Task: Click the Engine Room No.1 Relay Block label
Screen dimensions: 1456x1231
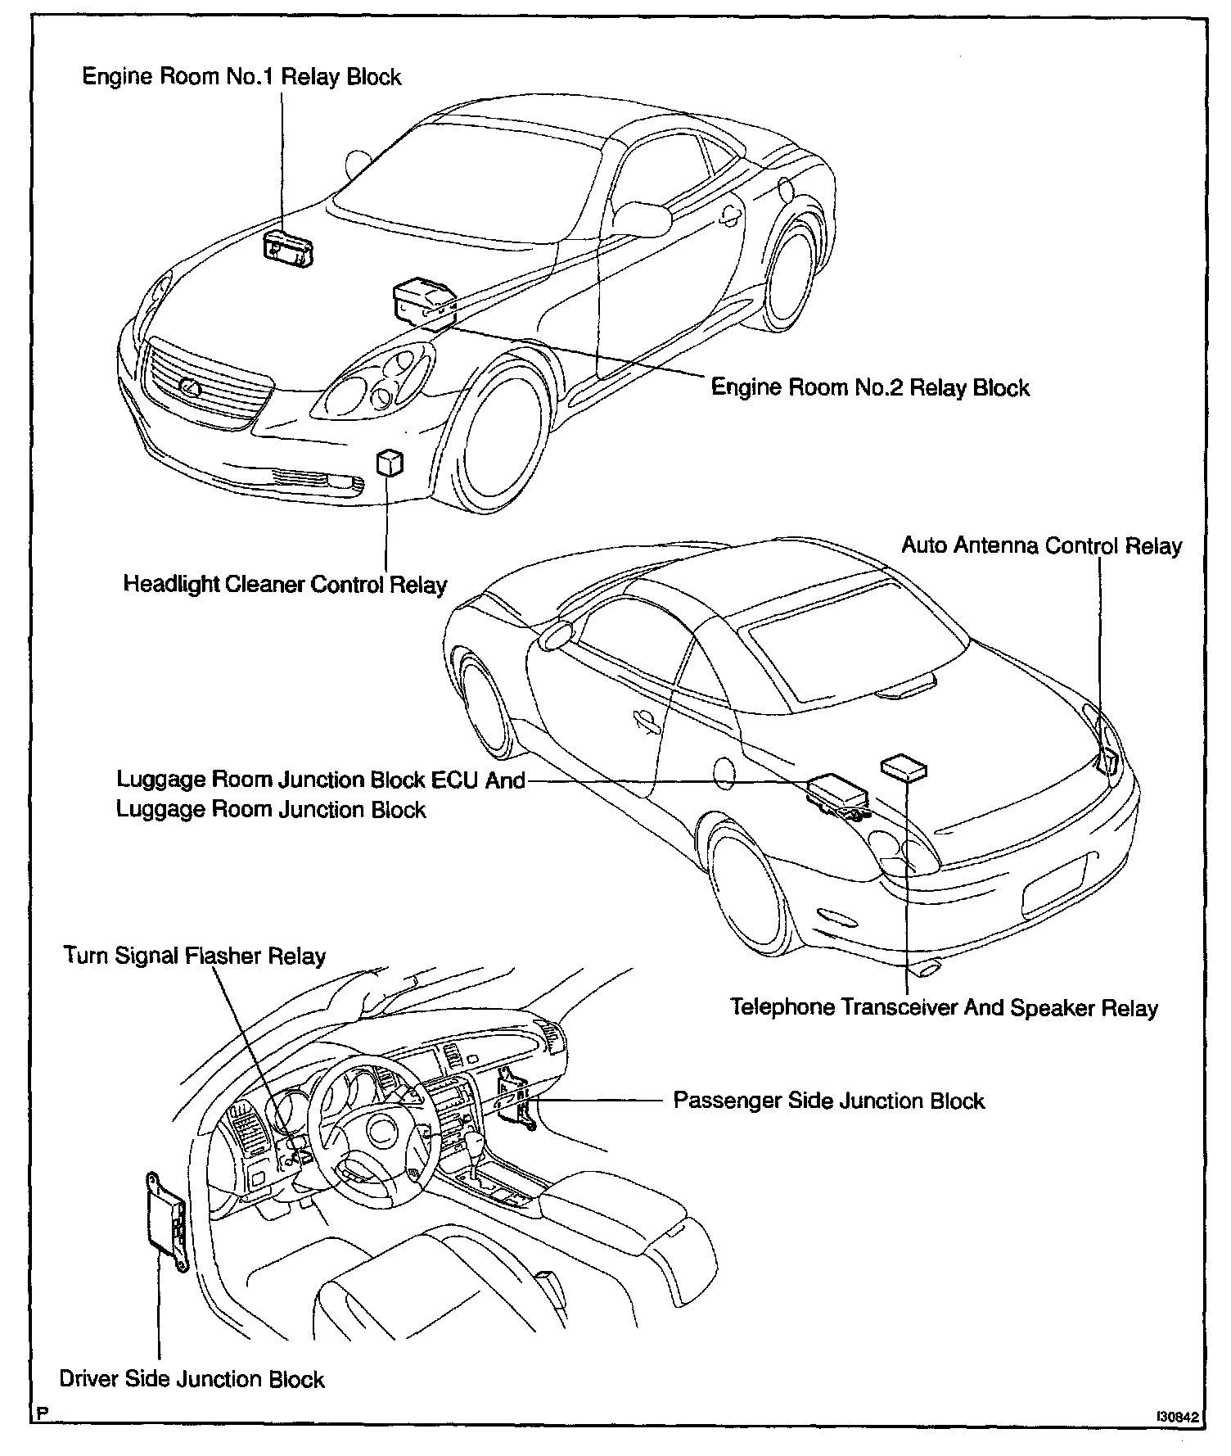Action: point(241,77)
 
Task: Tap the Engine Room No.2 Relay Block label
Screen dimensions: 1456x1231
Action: point(869,387)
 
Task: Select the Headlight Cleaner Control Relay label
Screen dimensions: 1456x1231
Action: point(285,585)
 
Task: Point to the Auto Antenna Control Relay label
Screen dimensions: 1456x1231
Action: point(1041,545)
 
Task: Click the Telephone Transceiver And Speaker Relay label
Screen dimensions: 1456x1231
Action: point(944,1007)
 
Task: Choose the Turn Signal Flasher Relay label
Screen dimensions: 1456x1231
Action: point(195,956)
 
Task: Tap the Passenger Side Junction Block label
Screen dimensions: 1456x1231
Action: point(828,1101)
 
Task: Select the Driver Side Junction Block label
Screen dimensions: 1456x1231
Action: point(192,1379)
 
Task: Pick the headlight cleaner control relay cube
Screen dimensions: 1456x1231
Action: point(390,463)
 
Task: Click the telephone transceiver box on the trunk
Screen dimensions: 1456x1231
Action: point(904,767)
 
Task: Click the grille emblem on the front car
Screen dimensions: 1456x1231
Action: point(189,387)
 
